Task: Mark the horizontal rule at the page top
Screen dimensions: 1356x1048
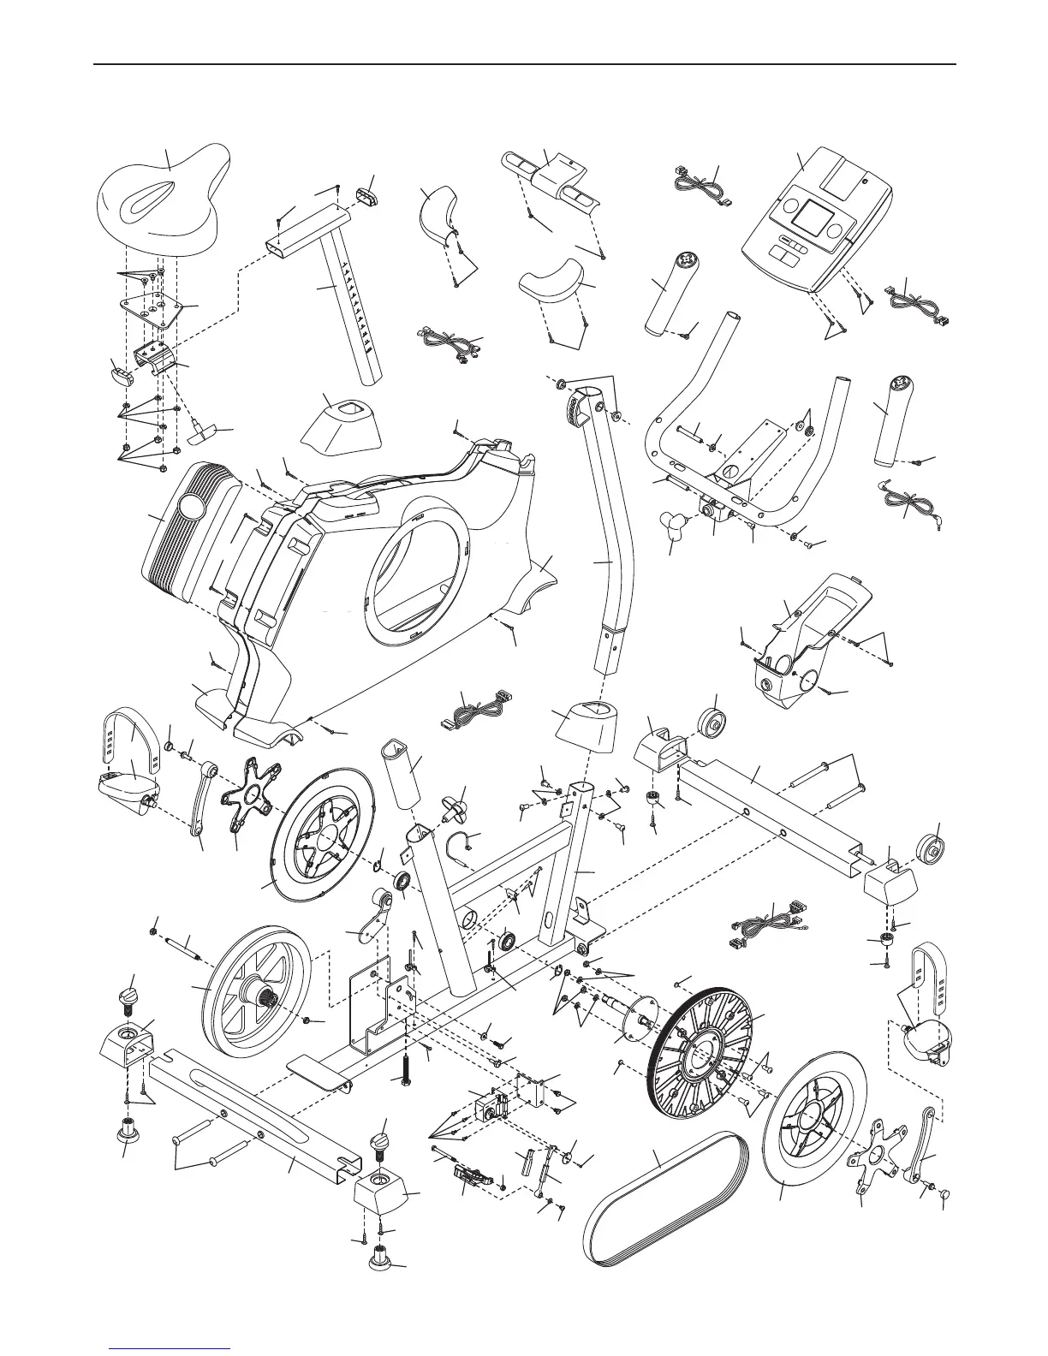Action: pos(524,64)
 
